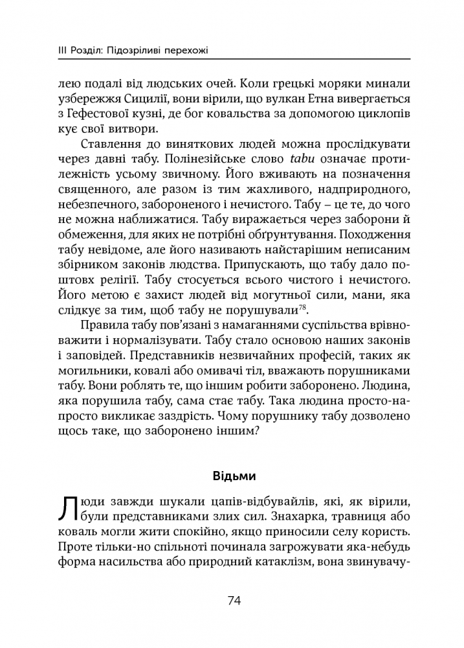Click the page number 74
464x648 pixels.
pos(234,600)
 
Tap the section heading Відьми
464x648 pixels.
pos(234,476)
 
